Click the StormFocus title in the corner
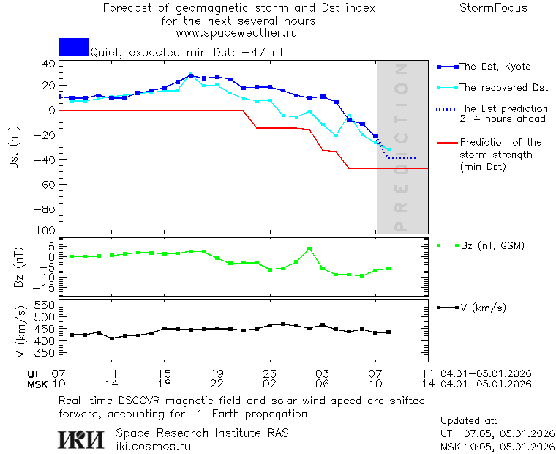click(x=493, y=8)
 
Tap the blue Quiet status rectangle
click(x=73, y=48)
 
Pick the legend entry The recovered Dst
click(x=503, y=88)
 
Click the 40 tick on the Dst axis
click(x=48, y=64)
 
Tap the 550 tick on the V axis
click(x=45, y=305)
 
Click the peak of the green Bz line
click(x=309, y=248)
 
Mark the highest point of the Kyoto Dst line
click(x=191, y=75)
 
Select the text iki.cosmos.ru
click(x=154, y=446)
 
